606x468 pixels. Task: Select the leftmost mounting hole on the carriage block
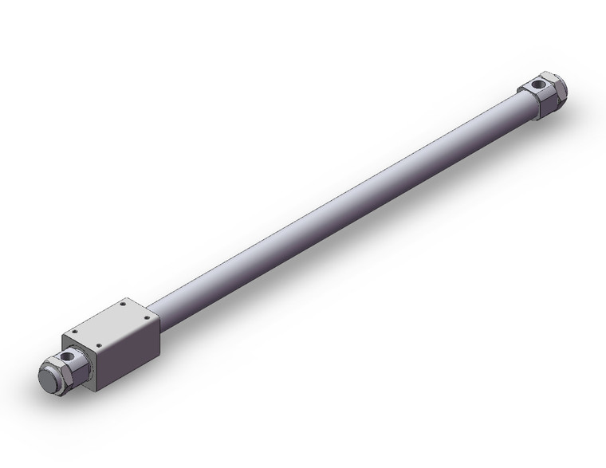[74, 332]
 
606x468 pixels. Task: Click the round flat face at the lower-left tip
[49, 380]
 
